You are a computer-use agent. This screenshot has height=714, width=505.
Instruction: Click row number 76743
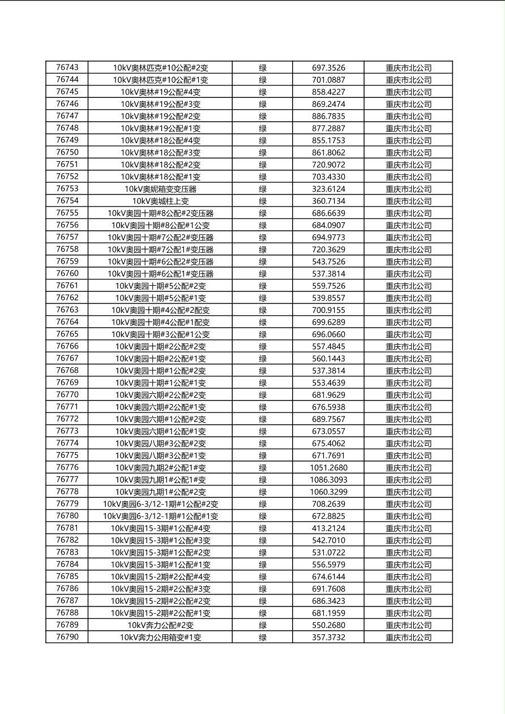67,68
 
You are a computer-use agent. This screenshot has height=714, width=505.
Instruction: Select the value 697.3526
328,68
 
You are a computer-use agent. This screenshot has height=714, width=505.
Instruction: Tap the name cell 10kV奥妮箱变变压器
160,189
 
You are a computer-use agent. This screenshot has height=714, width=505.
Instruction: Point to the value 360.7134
328,201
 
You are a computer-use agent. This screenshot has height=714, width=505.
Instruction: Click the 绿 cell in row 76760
263,274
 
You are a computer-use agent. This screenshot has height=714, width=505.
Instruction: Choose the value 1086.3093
328,480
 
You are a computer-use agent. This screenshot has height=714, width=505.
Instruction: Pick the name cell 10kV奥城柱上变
160,201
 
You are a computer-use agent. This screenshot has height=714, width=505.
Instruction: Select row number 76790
67,637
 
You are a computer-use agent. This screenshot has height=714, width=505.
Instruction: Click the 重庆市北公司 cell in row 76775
408,456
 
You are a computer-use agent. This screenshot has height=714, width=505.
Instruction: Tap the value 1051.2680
328,468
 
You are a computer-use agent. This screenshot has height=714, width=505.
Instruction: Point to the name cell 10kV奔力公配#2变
160,625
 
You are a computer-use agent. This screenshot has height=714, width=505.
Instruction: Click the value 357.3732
328,638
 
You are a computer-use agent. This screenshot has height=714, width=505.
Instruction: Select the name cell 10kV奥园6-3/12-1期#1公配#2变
160,504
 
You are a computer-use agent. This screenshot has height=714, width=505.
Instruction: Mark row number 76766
67,346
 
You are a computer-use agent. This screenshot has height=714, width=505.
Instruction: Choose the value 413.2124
328,528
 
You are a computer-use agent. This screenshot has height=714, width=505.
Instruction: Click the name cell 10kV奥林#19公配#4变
160,92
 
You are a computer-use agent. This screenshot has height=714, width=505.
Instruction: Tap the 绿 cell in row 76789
263,625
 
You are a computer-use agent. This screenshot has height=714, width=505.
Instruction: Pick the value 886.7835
328,117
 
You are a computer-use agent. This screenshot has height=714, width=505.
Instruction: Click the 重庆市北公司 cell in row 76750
408,153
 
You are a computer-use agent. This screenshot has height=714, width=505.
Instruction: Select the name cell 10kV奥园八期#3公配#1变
160,456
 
